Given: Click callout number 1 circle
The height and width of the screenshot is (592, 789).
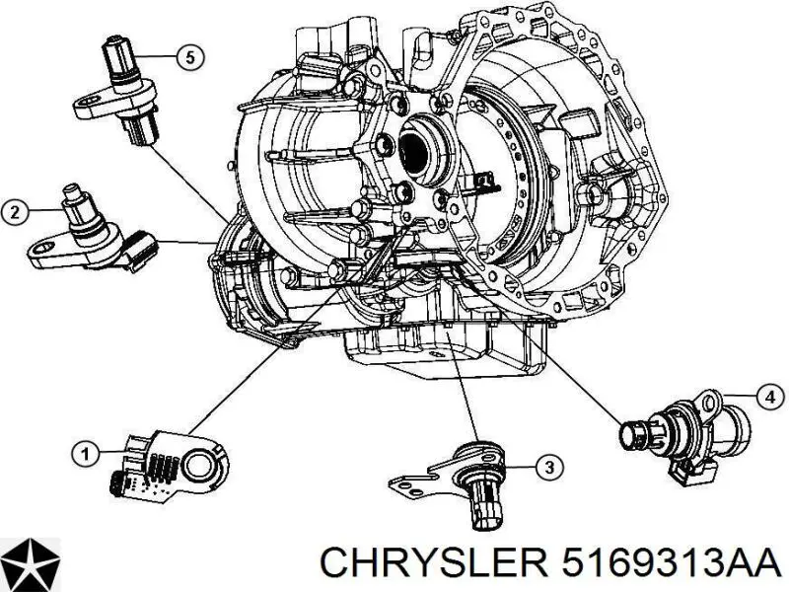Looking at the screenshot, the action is pos(86,455).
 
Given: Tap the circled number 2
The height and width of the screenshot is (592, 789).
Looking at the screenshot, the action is pos(15,212).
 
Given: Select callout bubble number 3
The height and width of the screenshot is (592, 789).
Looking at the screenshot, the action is pos(549,467).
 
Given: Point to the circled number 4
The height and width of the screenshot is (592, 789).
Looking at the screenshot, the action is pos(770,398).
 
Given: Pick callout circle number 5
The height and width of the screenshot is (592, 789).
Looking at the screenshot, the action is pos(189,57).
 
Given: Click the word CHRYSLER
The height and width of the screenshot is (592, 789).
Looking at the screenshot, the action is pos(434,563).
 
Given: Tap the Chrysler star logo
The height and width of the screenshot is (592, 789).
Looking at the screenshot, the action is pos(31,563).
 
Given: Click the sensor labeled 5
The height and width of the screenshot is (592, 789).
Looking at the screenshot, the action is pos(116,91).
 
